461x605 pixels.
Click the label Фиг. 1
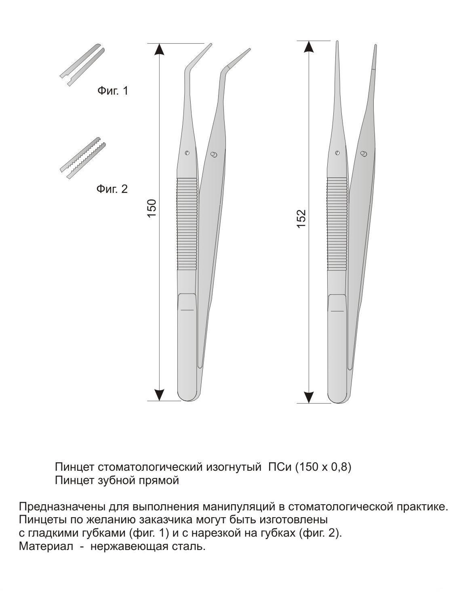pyautogui.click(x=113, y=91)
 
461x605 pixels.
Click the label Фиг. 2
pyautogui.click(x=112, y=189)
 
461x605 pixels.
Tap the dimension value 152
pyautogui.click(x=301, y=219)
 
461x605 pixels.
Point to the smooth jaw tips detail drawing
pyautogui.click(x=82, y=65)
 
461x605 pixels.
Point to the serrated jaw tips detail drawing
pyautogui.click(x=83, y=158)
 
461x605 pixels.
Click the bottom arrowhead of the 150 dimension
pyautogui.click(x=160, y=395)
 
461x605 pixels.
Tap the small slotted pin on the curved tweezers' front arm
pyautogui.click(x=187, y=153)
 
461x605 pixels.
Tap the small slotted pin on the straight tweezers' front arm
pyautogui.click(x=337, y=153)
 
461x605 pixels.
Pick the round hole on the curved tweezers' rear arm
pyautogui.click(x=213, y=156)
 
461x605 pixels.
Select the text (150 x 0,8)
pyautogui.click(x=323, y=467)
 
